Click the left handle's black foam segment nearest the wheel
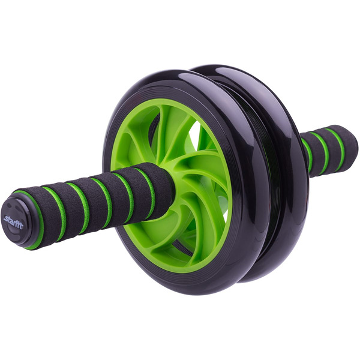(161, 181)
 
